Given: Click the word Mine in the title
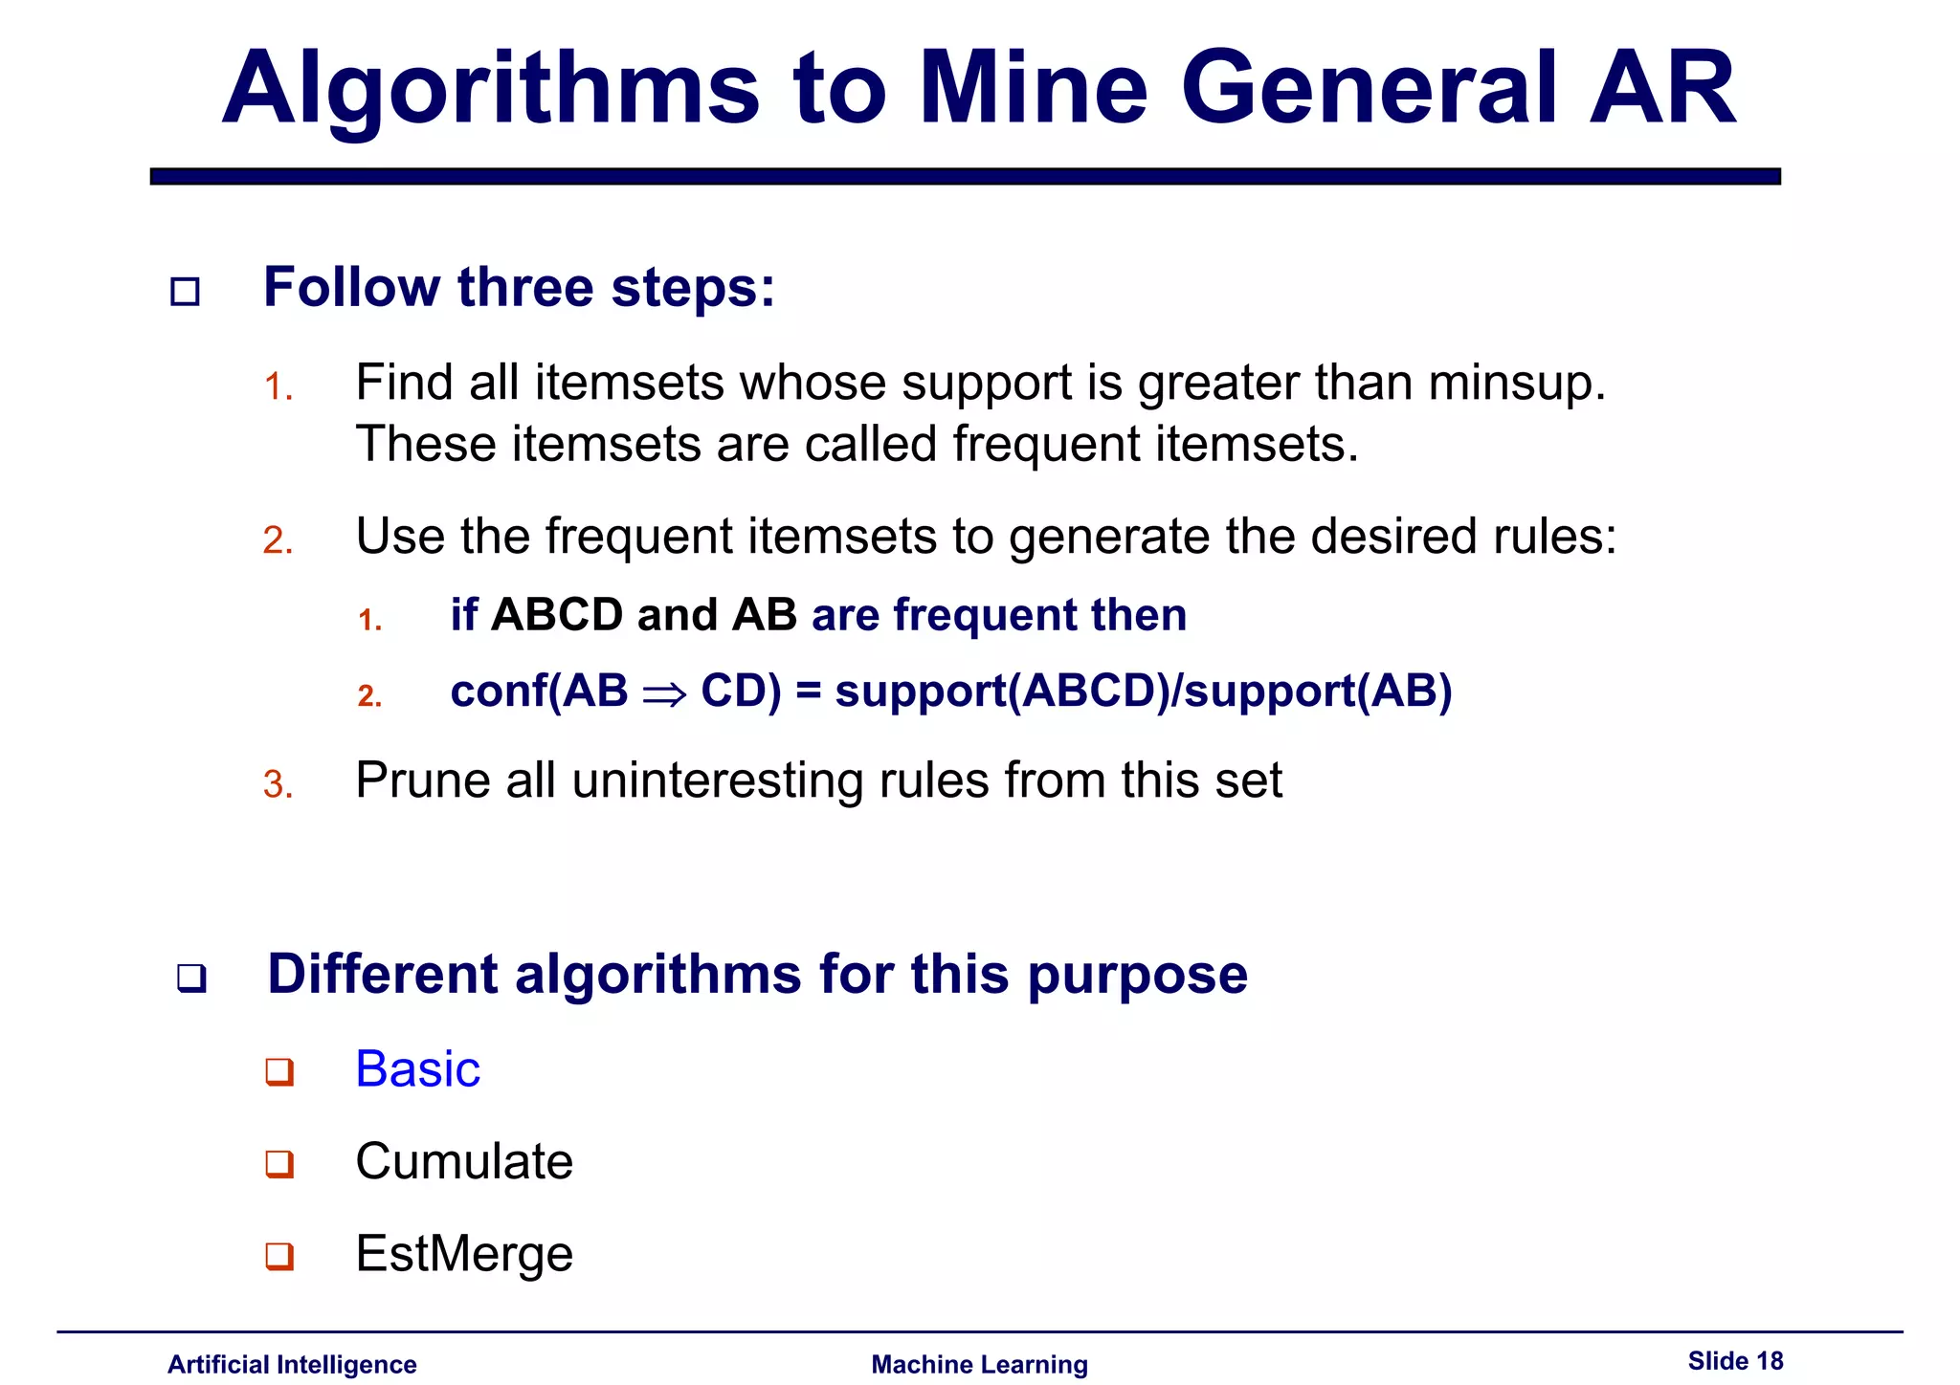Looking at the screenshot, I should [1033, 88].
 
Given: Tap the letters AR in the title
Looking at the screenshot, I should [1662, 88].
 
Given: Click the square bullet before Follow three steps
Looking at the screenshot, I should [185, 291].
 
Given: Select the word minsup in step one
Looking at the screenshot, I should [1516, 383].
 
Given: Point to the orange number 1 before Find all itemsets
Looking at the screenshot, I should [278, 387].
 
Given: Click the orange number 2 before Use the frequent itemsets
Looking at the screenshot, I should [278, 540].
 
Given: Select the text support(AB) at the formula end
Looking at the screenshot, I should [1318, 691].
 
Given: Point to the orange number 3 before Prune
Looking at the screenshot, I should [278, 784].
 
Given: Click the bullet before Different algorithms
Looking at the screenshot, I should [191, 978].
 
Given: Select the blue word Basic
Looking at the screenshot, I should [417, 1068].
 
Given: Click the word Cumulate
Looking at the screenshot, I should [464, 1161].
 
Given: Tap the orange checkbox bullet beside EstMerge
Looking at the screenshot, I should [279, 1255].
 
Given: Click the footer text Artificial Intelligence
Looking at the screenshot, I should [292, 1364].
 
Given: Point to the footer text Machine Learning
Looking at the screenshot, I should [979, 1364].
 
